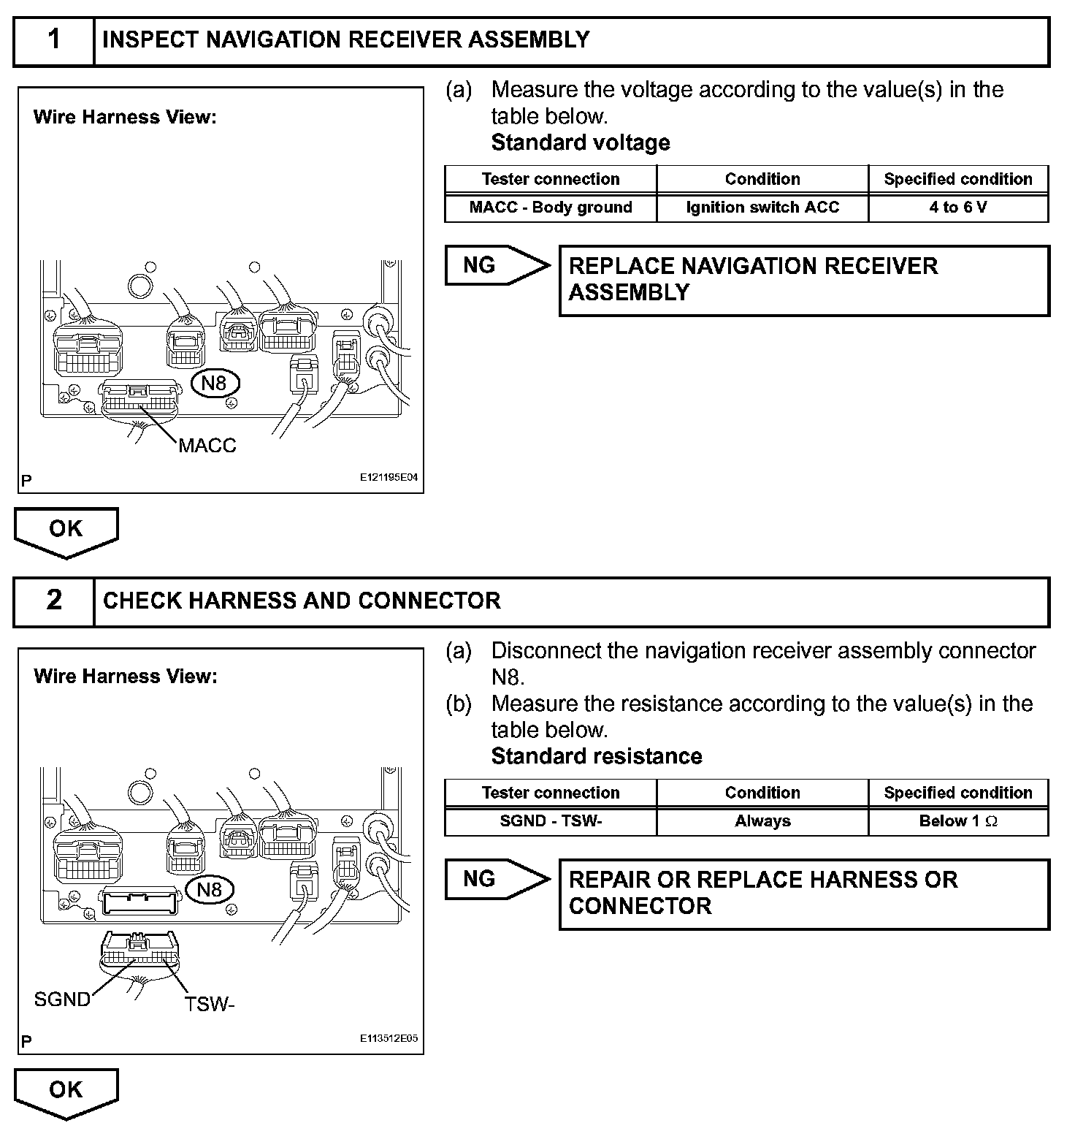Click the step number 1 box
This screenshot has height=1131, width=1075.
(54, 40)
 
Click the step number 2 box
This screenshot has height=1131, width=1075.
(54, 601)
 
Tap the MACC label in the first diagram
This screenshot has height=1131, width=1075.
(207, 445)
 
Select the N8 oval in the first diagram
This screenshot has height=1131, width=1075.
(214, 383)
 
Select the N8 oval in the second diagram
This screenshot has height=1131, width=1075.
(210, 889)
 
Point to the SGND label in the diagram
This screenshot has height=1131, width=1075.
(62, 999)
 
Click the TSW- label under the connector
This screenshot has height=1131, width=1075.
(210, 1005)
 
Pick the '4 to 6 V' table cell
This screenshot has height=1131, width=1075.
(957, 207)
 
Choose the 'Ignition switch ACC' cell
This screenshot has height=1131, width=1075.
(762, 207)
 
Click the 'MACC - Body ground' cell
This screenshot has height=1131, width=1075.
(551, 207)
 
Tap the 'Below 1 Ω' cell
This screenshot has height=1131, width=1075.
(957, 821)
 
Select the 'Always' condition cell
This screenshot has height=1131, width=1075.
(762, 821)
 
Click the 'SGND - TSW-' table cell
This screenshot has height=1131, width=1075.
(551, 821)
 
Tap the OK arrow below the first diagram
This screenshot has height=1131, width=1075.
(66, 530)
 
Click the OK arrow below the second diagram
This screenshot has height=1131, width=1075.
(66, 1091)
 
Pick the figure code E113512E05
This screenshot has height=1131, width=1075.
(389, 1038)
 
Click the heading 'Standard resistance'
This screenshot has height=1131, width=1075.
(597, 756)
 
